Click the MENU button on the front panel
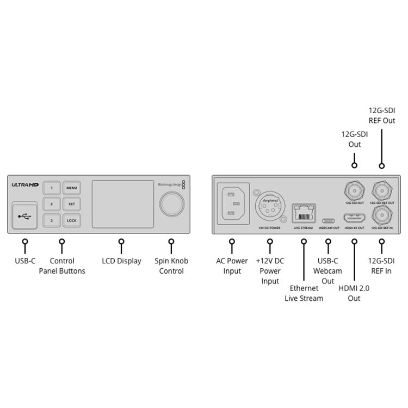[x=72, y=188]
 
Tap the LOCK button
[x=72, y=220]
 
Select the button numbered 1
[x=52, y=188]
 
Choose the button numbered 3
[x=52, y=220]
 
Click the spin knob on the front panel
[x=171, y=205]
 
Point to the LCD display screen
[x=122, y=204]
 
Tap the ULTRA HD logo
[x=23, y=185]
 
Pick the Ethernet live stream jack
[x=302, y=213]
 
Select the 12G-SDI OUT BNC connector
[x=354, y=191]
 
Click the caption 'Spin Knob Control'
[x=171, y=266]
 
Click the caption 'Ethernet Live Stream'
[x=304, y=293]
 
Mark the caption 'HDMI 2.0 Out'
[x=354, y=293]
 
